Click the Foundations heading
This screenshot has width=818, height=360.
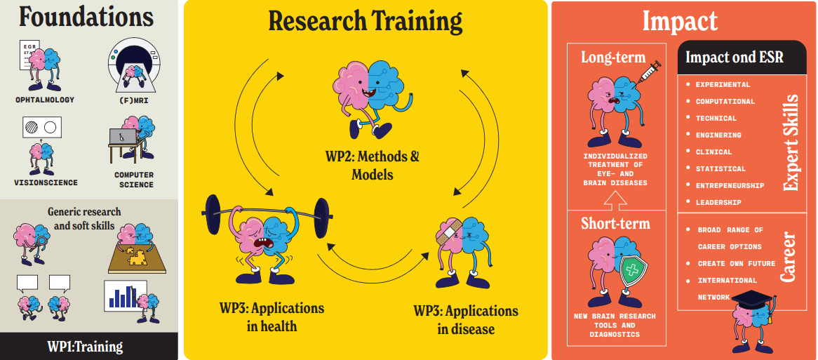tap(88, 17)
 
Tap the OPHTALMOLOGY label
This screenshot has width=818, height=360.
tap(44, 100)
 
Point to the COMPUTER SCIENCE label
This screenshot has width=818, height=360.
tap(133, 180)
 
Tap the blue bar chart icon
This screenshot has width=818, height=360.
tap(123, 295)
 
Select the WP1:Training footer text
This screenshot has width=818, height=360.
tap(85, 346)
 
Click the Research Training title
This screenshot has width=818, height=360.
tap(365, 21)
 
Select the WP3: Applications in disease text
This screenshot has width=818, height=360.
tap(465, 319)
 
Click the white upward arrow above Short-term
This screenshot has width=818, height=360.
tap(615, 201)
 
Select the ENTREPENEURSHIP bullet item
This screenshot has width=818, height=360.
tap(730, 186)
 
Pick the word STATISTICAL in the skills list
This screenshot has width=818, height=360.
tap(720, 169)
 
